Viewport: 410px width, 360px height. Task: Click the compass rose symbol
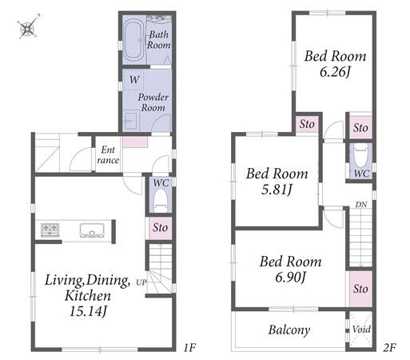[x=28, y=26]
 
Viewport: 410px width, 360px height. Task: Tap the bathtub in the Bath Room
[x=133, y=40]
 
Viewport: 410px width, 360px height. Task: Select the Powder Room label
[x=153, y=102]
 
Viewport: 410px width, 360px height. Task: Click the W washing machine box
[x=133, y=79]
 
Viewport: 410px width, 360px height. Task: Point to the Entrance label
[x=108, y=155]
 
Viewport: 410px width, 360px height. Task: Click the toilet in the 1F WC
[x=161, y=200]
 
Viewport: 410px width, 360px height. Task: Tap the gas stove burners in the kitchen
[x=50, y=230]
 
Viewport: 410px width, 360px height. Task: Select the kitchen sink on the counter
[x=92, y=230]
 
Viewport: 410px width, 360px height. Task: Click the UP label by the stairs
[x=141, y=282]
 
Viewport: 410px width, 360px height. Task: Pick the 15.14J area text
[x=89, y=311]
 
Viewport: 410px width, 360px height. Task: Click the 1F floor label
[x=189, y=347]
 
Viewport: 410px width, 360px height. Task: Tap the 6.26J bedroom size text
[x=335, y=72]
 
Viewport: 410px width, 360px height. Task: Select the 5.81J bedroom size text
[x=277, y=190]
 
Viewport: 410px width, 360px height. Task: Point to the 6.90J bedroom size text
[x=290, y=278]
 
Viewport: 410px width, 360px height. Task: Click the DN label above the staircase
[x=361, y=205]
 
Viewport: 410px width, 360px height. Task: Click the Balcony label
[x=289, y=330]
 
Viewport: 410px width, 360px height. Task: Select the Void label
[x=361, y=329]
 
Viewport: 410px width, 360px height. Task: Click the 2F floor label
[x=389, y=347]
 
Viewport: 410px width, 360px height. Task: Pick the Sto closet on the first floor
[x=161, y=228]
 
